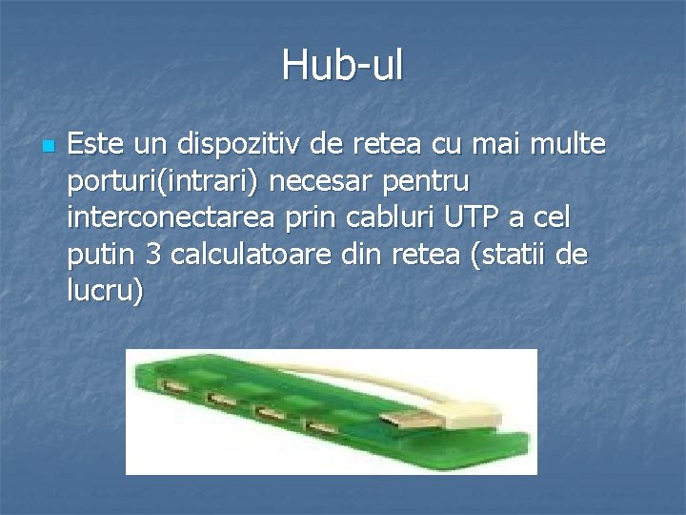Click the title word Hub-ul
click(342, 66)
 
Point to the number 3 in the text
click(154, 255)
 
